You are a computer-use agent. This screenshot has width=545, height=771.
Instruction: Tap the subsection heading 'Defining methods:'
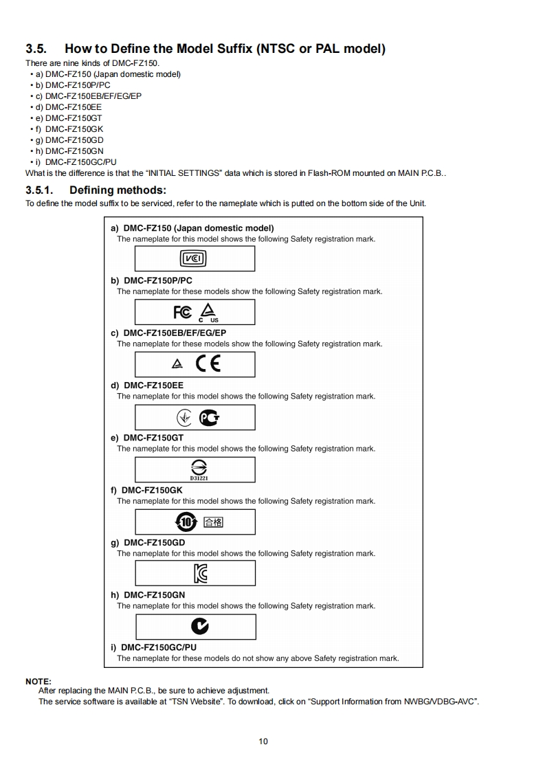pos(118,190)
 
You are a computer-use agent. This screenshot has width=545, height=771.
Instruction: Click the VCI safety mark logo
pos(193,258)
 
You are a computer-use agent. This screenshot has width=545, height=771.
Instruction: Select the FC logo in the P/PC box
pos(183,312)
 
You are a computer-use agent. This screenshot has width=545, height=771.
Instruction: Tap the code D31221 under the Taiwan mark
pos(194,477)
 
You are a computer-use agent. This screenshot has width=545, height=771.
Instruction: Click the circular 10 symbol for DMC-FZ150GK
pos(186,522)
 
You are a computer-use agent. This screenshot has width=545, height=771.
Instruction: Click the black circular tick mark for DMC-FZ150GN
pos(199,626)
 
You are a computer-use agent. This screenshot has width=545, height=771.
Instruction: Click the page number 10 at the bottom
pos(263,741)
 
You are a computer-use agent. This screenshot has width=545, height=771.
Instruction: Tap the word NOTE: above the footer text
pos(38,681)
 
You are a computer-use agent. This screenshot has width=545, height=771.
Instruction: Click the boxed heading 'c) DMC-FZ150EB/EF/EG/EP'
pos(168,333)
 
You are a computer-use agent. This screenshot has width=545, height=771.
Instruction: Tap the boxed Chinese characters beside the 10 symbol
pos(213,522)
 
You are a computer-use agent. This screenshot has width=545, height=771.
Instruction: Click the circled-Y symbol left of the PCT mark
pos(184,418)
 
